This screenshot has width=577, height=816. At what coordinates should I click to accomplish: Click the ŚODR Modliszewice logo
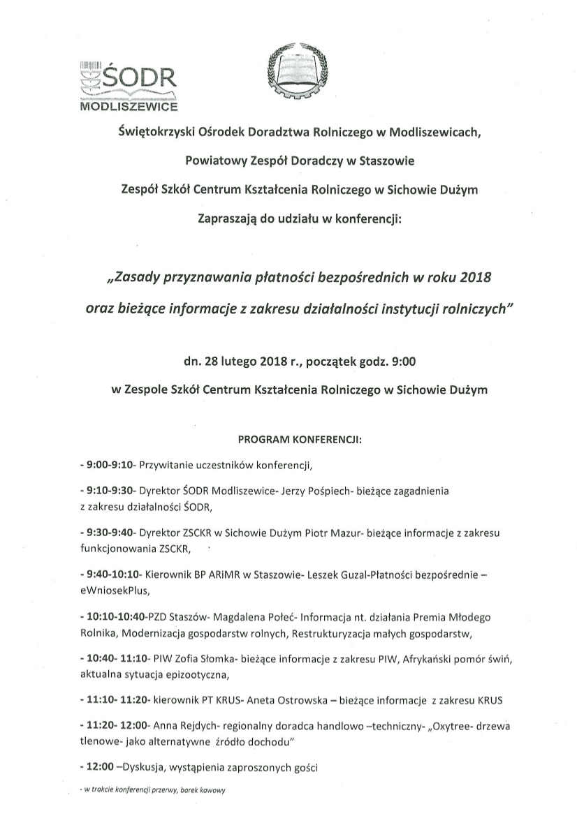129,85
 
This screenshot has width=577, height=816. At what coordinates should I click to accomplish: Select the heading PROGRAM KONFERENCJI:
300,441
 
